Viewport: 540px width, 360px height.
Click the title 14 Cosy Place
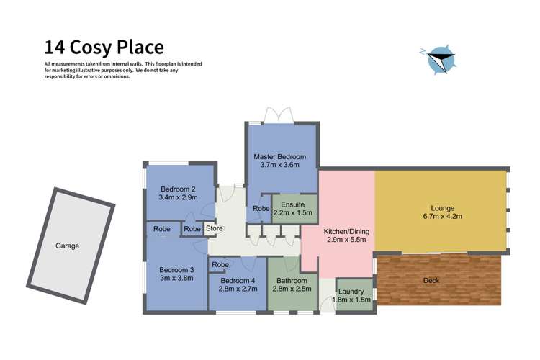(104, 48)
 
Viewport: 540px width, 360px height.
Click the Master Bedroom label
(280, 156)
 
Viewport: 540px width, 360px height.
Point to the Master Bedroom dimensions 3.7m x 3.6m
(280, 166)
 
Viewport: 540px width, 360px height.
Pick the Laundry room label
(352, 292)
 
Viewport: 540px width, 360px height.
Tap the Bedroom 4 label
(237, 281)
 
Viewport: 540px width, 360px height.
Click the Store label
(215, 229)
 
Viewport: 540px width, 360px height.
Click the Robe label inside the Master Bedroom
(261, 210)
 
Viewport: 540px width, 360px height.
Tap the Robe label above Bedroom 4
(220, 265)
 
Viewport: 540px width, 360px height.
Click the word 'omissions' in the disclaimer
(117, 76)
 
